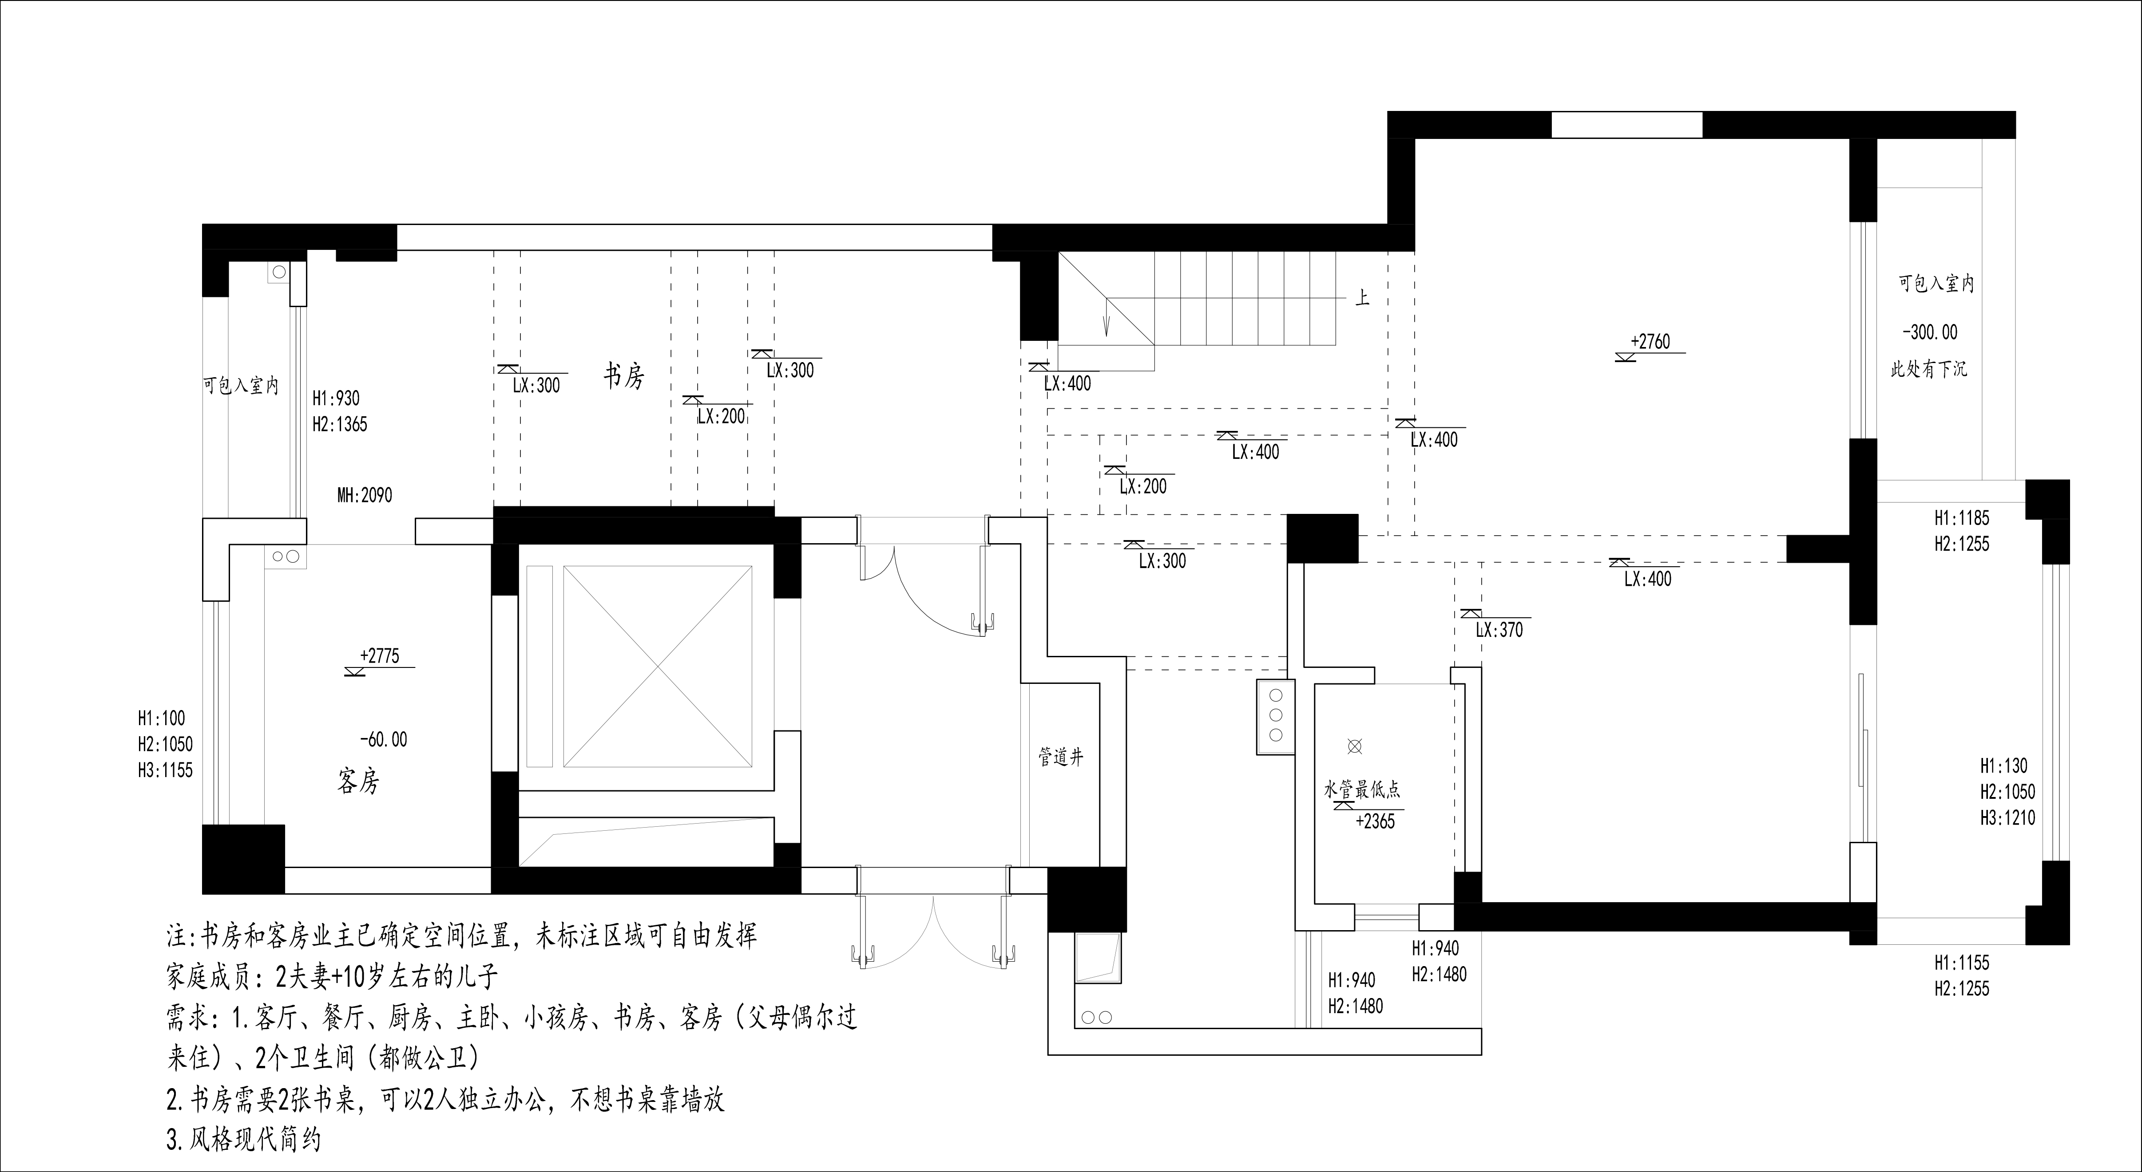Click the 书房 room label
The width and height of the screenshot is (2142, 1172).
[624, 376]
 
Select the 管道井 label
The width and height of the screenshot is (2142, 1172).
[1061, 756]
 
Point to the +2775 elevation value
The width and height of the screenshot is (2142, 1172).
[379, 656]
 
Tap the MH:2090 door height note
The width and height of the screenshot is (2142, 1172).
[364, 495]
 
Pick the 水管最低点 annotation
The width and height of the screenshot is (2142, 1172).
[1362, 789]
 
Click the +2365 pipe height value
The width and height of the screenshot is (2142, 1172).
[1375, 821]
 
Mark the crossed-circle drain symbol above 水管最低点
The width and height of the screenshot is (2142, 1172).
[1355, 746]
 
